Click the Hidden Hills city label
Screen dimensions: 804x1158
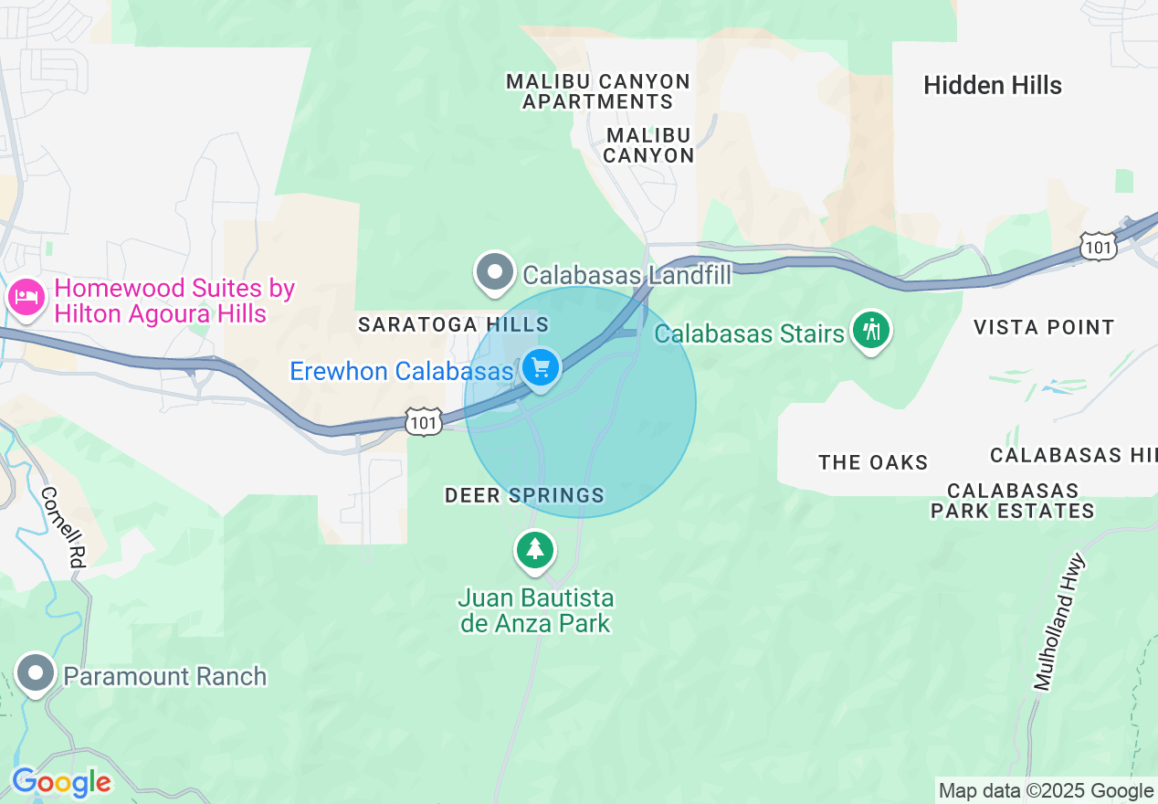[x=993, y=86]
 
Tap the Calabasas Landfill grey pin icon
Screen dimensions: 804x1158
[x=496, y=272]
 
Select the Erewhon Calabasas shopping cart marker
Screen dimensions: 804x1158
[x=541, y=368]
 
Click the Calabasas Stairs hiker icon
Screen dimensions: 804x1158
[x=871, y=330]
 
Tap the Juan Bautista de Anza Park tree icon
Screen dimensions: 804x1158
[x=534, y=550]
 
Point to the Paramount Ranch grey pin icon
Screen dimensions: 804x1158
[x=36, y=673]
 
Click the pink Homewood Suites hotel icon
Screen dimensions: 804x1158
[x=26, y=298]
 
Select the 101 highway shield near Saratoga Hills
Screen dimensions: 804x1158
[x=425, y=422]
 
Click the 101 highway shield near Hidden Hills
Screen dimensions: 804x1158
[x=1096, y=246]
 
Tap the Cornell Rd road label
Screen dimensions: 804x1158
[x=61, y=528]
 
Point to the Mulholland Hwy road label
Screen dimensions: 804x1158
[x=1058, y=621]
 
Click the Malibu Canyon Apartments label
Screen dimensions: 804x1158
[x=598, y=91]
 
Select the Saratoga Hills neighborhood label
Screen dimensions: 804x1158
[x=453, y=324]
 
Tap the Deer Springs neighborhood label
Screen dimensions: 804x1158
[x=524, y=495]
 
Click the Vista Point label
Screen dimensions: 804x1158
[x=1044, y=327]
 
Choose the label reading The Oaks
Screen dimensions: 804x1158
[x=873, y=462]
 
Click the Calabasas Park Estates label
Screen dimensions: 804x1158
[x=1012, y=501]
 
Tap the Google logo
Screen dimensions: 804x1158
[x=60, y=783]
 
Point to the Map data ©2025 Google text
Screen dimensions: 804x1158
[x=1046, y=790]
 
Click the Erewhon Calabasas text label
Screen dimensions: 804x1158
[x=401, y=372]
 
